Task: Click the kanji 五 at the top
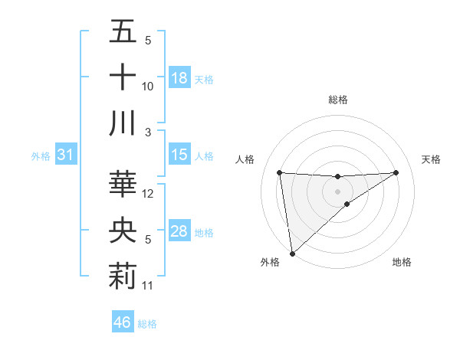123,31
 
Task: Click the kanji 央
123,231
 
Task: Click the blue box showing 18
179,77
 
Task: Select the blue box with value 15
179,155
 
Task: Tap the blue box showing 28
179,232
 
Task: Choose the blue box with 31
66,155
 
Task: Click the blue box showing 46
123,322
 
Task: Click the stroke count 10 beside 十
148,87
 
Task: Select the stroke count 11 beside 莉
148,286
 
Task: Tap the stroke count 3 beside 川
148,133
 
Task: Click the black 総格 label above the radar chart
338,100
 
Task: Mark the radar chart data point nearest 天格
396,172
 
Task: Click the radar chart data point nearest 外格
292,253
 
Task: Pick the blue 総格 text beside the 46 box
147,324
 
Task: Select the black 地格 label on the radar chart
402,262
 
